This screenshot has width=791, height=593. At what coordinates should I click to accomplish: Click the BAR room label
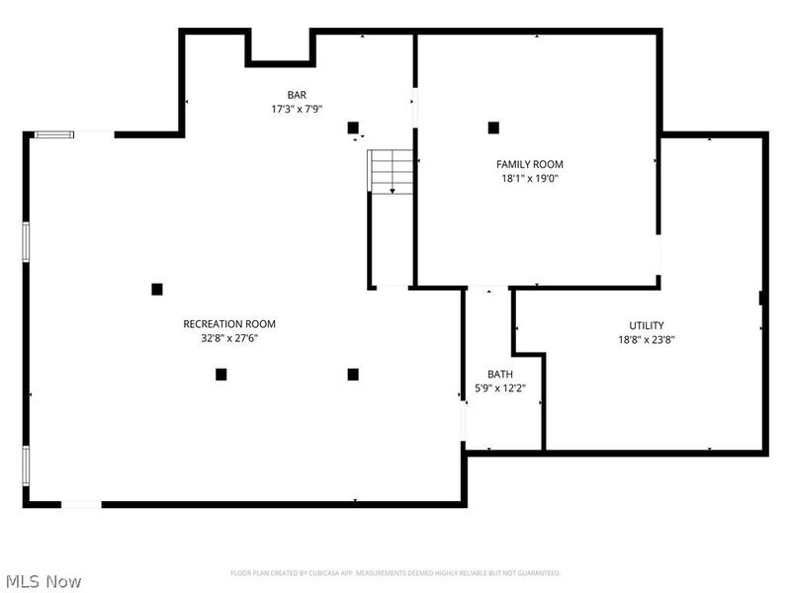click(x=297, y=95)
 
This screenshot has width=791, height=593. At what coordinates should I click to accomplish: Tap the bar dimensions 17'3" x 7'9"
click(x=297, y=109)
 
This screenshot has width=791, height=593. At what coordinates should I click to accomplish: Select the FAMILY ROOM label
click(x=530, y=164)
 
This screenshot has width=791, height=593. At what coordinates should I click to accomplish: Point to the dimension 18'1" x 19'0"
click(x=530, y=179)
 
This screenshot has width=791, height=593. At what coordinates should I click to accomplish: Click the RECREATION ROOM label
click(x=229, y=324)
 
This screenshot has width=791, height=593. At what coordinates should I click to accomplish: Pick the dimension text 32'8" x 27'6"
click(x=229, y=338)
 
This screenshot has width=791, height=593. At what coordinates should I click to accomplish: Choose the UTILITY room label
click(x=647, y=325)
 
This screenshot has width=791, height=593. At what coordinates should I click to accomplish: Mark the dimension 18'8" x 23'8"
click(x=647, y=339)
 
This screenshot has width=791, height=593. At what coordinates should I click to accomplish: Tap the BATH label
click(x=500, y=375)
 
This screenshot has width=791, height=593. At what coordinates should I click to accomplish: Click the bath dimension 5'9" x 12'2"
click(x=500, y=388)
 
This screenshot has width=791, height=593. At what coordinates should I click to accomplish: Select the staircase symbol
click(x=392, y=172)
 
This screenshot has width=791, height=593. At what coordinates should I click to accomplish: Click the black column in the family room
click(x=493, y=127)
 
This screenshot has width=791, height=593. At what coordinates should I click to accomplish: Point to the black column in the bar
click(x=353, y=127)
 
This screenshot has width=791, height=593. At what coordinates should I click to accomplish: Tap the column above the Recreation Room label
click(x=157, y=289)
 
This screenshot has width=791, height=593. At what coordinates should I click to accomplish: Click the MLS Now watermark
click(x=43, y=581)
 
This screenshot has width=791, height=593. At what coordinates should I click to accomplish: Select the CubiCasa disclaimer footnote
click(x=395, y=573)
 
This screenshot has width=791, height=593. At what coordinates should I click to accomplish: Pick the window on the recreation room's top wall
click(x=53, y=134)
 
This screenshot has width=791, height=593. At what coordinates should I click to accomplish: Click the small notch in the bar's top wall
click(x=280, y=47)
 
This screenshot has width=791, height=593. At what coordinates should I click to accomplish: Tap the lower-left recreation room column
click(x=221, y=374)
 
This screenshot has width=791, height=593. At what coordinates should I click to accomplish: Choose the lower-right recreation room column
click(x=353, y=374)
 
